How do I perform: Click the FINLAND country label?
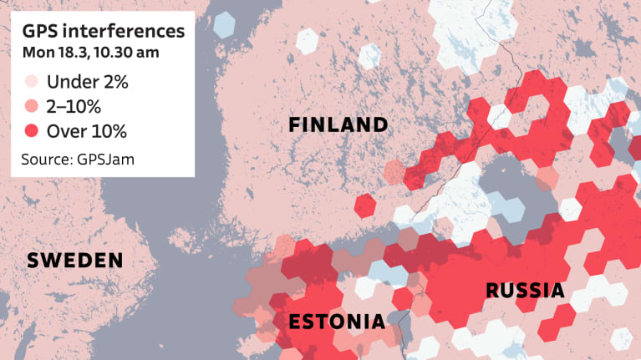click(338, 125)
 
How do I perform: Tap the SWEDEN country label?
click(75, 261)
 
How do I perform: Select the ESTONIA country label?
click(336, 322)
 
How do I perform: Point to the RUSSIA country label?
click(524, 291)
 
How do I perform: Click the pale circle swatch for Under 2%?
click(32, 82)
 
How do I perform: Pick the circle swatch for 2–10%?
click(32, 106)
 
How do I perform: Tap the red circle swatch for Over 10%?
click(32, 130)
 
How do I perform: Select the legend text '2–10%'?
click(74, 106)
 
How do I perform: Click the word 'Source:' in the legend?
click(48, 156)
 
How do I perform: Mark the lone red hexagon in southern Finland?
click(365, 205)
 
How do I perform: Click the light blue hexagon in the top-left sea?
click(223, 24)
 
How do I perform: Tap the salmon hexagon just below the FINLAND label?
click(394, 171)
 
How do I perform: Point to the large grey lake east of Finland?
click(518, 175)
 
